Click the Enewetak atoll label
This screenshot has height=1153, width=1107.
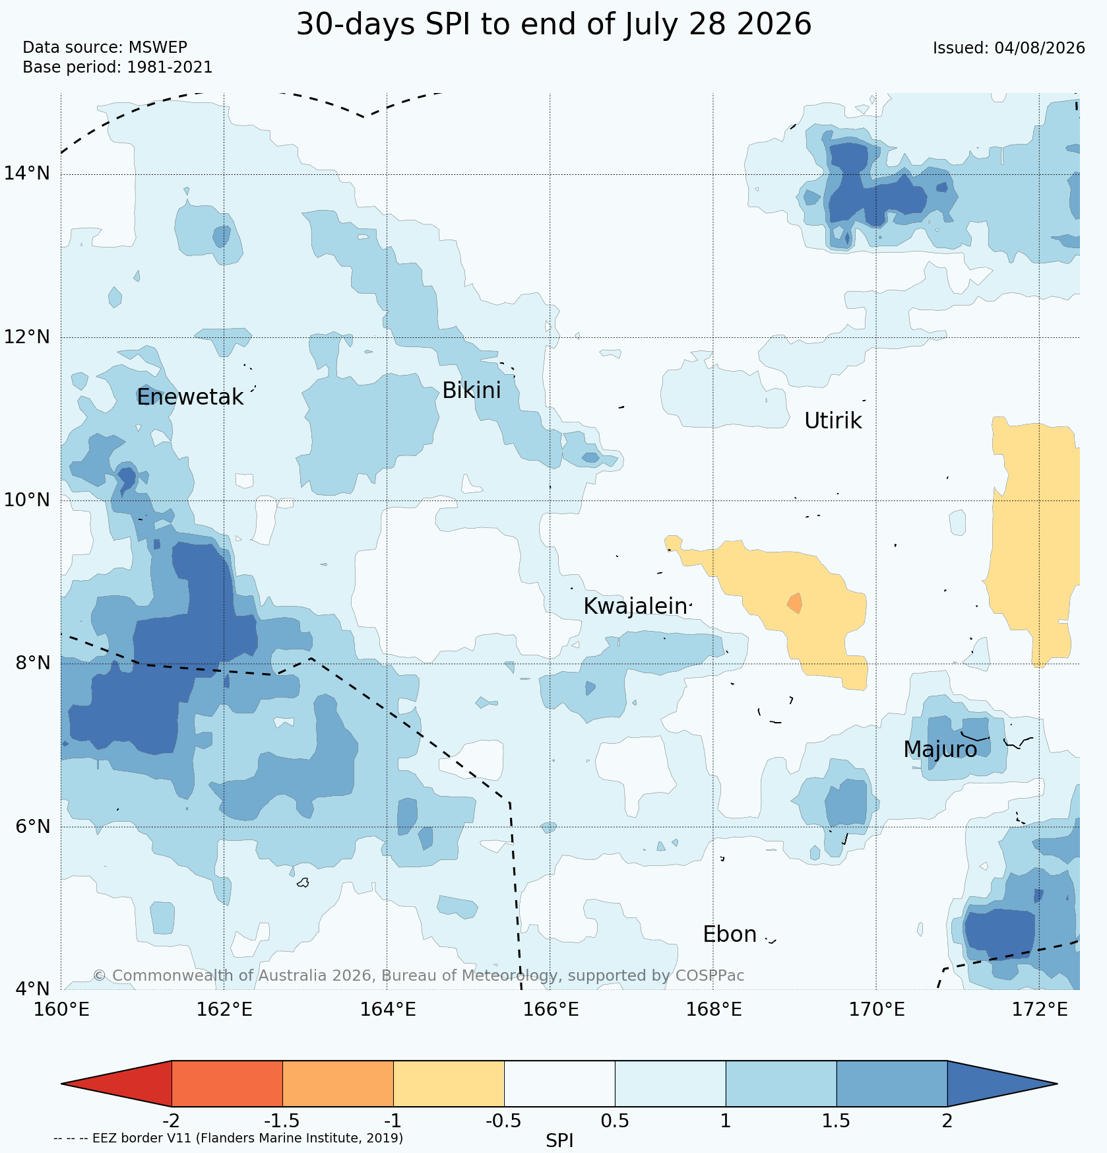tap(190, 397)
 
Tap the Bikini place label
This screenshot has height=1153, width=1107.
tap(471, 391)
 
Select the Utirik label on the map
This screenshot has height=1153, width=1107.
tap(833, 421)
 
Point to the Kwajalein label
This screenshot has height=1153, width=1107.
tap(635, 607)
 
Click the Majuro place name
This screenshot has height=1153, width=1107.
tap(940, 750)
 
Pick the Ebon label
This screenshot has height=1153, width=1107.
tap(730, 935)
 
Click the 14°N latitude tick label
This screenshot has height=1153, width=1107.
tap(27, 174)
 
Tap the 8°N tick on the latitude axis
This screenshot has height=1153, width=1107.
tap(32, 663)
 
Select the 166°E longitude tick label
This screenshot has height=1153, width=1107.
tap(549, 1010)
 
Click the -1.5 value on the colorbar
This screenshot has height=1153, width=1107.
tap(282, 1121)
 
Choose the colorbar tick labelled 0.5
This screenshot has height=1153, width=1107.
tap(615, 1121)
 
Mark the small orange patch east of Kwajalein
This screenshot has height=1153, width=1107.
tap(795, 603)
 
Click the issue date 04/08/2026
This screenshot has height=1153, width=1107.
tap(1040, 48)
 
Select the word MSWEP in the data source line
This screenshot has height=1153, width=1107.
tap(158, 48)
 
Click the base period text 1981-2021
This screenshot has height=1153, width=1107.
tap(170, 67)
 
